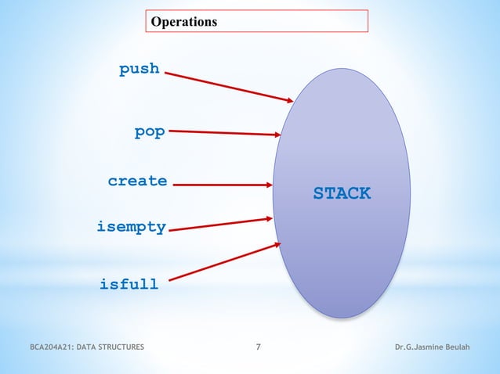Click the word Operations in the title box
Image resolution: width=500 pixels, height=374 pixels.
(184, 22)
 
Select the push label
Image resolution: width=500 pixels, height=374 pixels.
(139, 69)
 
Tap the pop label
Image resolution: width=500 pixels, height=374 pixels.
(149, 131)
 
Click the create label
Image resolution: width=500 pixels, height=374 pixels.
(137, 181)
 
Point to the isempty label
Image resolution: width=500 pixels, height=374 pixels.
(131, 228)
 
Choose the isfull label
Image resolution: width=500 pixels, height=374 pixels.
(129, 284)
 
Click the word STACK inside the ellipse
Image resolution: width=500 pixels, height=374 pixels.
(342, 193)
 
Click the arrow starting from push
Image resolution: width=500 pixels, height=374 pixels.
(227, 87)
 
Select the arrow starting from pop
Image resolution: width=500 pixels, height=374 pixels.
(223, 133)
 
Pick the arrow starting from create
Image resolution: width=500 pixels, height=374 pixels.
(222, 185)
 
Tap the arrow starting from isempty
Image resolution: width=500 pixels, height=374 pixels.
(219, 225)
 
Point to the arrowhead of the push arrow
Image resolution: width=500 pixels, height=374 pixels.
(290, 100)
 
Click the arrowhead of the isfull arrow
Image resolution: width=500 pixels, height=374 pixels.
(277, 245)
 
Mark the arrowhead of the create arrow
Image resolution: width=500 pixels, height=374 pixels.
(269, 185)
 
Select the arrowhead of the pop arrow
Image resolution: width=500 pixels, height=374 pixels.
(277, 135)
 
